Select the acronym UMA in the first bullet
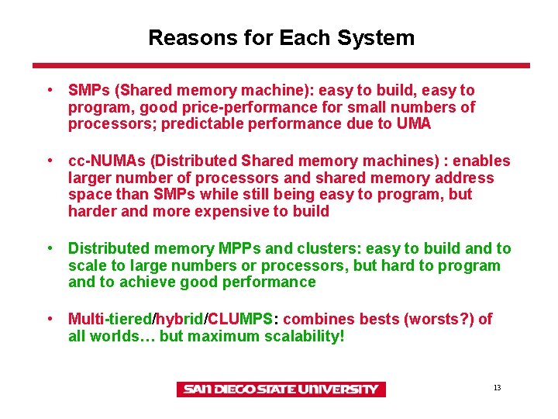point(415,123)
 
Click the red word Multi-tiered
point(111,319)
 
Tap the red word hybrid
point(181,319)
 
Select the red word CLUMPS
point(239,319)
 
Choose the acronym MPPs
point(235,248)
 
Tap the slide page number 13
point(497,387)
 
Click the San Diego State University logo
point(280,389)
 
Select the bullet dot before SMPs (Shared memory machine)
point(50,91)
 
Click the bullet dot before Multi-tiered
point(50,319)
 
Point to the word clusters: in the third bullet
point(329,248)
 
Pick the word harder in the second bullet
point(90,211)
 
